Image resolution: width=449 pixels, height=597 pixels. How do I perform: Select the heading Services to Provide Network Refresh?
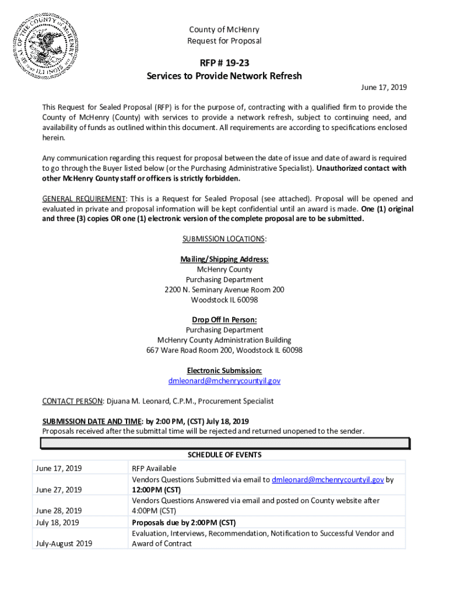pyautogui.click(x=224, y=76)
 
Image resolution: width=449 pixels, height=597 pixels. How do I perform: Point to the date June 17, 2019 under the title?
pyautogui.click(x=384, y=87)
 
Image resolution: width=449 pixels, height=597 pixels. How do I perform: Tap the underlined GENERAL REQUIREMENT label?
pyautogui.click(x=83, y=199)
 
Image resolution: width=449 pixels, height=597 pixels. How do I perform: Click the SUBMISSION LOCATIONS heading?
pyautogui.click(x=224, y=239)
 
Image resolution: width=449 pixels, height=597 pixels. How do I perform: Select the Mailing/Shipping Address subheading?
pyautogui.click(x=224, y=259)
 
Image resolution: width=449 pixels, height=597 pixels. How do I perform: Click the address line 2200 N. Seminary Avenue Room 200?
pyautogui.click(x=224, y=290)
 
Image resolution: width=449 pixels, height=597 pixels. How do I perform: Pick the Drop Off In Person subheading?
pyautogui.click(x=224, y=320)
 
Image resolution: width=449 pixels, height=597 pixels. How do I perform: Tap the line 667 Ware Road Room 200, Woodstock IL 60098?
pyautogui.click(x=224, y=350)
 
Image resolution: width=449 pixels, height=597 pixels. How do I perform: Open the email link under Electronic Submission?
pyautogui.click(x=224, y=381)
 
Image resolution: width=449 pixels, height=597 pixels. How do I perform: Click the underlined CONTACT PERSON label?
pyautogui.click(x=72, y=401)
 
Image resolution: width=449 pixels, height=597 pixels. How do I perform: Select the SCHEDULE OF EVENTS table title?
pyautogui.click(x=224, y=455)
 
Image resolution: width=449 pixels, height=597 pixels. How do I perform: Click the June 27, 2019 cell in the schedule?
pyautogui.click(x=59, y=490)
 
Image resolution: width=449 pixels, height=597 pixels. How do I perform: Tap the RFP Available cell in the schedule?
pyautogui.click(x=154, y=468)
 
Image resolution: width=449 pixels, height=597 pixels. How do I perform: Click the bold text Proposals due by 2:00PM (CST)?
pyautogui.click(x=184, y=522)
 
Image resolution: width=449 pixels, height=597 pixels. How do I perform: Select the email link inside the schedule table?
pyautogui.click(x=328, y=479)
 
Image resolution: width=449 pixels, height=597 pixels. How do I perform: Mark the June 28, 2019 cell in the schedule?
pyautogui.click(x=59, y=511)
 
